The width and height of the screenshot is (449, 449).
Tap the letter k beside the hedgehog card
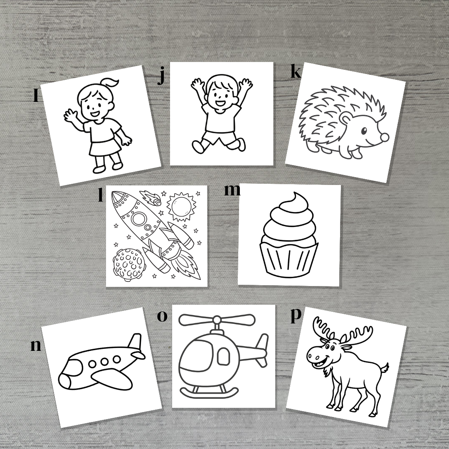(295, 72)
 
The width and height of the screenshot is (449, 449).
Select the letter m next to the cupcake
(232, 190)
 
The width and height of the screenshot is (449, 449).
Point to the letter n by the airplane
(36, 345)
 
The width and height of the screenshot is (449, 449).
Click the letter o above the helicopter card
(162, 316)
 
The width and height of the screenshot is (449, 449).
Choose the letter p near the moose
(295, 315)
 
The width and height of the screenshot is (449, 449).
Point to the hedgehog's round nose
(385, 137)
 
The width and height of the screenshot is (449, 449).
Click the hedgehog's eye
(364, 131)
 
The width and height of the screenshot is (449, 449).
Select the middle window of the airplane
(104, 361)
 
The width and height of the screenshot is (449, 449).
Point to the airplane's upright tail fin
(135, 343)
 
